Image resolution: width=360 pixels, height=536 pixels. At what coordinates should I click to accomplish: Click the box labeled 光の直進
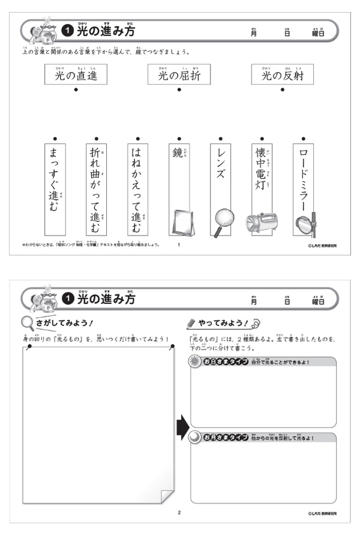pyautogui.click(x=76, y=76)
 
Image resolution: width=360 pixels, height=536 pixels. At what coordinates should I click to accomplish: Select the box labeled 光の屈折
pyautogui.click(x=179, y=76)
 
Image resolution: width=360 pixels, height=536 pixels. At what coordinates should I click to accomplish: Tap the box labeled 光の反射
pyautogui.click(x=282, y=76)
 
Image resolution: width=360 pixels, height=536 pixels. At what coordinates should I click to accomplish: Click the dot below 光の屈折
pyautogui.click(x=179, y=91)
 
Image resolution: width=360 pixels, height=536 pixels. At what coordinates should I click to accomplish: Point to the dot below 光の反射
pyautogui.click(x=282, y=91)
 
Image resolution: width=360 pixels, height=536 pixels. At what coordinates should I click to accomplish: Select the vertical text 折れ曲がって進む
pyautogui.click(x=96, y=186)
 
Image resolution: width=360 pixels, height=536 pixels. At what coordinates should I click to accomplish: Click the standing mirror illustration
pyautogui.click(x=179, y=222)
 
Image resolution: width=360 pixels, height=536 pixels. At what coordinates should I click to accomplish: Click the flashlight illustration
pyautogui.click(x=262, y=222)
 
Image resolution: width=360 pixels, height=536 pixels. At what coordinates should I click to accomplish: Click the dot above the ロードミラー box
pyautogui.click(x=304, y=138)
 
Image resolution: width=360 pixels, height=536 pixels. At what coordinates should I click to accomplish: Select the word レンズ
pyautogui.click(x=220, y=165)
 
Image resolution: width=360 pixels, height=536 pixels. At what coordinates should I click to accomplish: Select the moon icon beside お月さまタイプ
pyautogui.click(x=194, y=438)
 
